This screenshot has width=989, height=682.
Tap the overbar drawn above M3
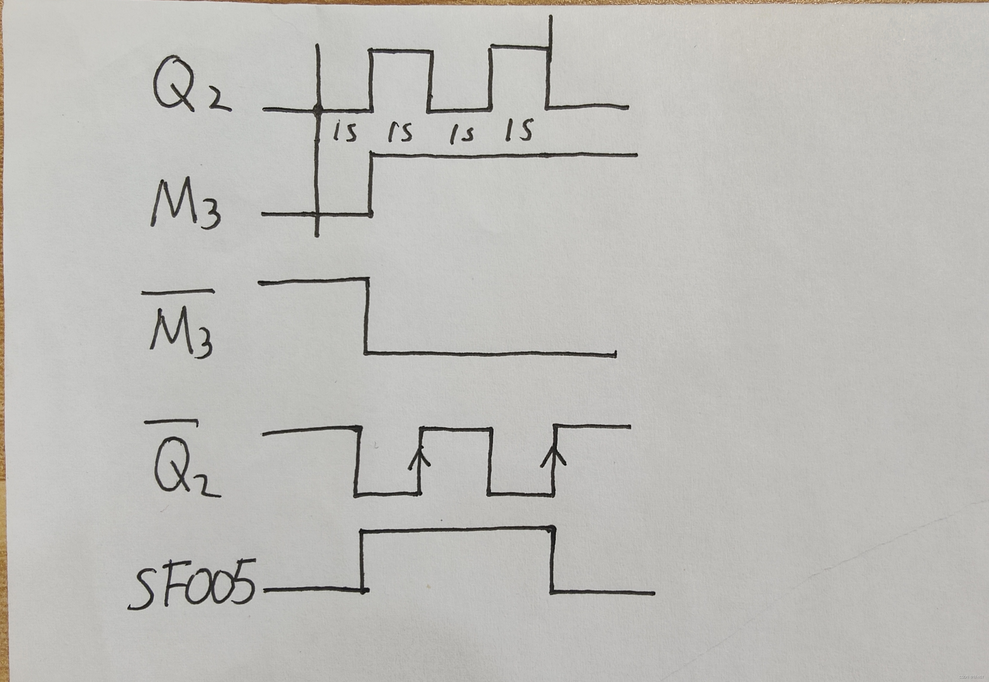[178, 292]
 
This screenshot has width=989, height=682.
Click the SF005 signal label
[192, 583]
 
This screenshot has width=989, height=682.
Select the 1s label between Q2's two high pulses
[461, 134]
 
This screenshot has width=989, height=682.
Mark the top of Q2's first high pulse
[401, 51]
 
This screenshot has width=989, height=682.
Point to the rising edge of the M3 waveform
[371, 184]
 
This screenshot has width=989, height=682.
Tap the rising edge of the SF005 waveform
[363, 560]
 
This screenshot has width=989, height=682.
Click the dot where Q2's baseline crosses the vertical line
[317, 109]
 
